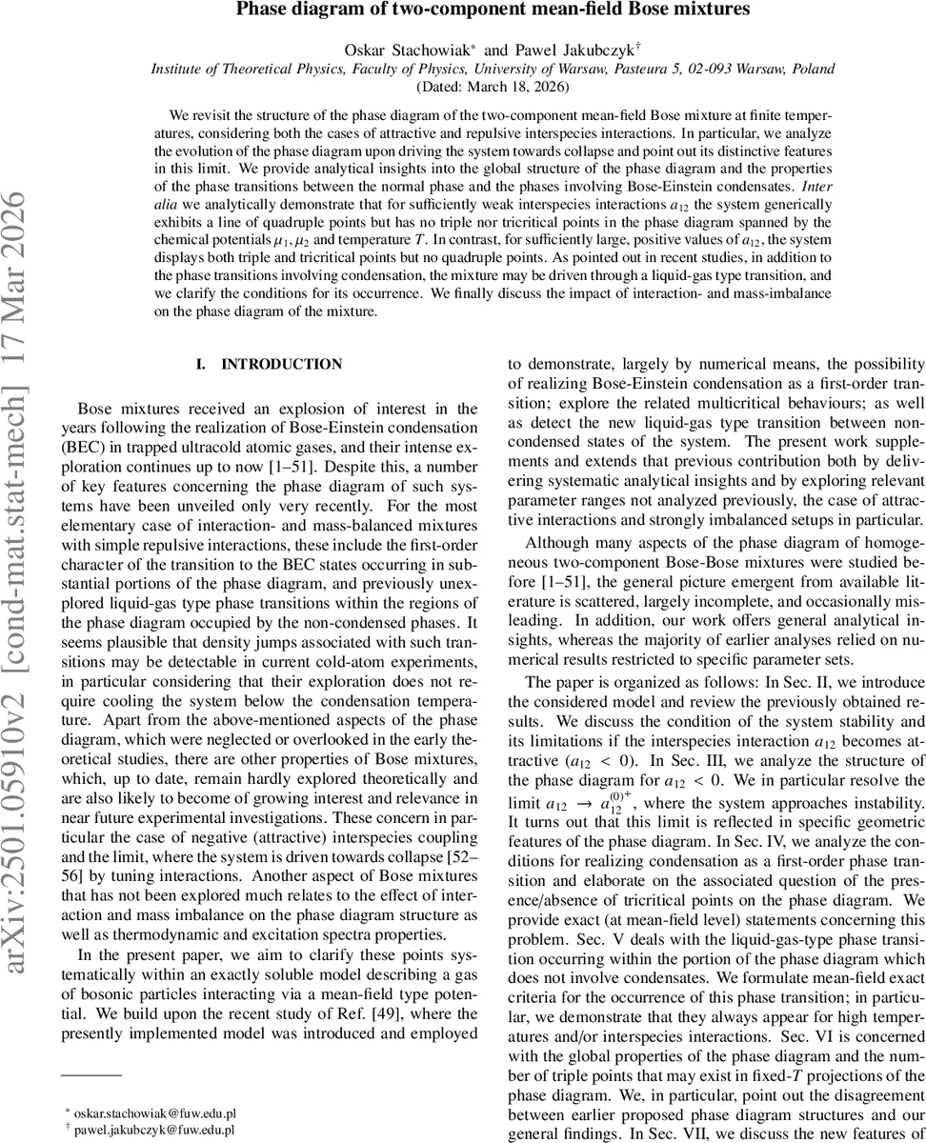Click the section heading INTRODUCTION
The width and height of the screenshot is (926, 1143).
pos(281,365)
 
